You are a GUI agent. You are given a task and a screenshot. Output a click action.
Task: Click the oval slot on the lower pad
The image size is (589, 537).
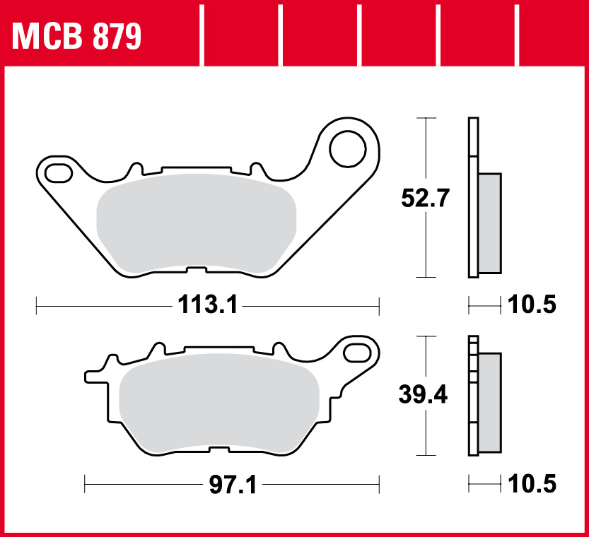click(x=360, y=351)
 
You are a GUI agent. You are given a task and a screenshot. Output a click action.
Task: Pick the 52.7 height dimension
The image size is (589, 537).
click(x=424, y=199)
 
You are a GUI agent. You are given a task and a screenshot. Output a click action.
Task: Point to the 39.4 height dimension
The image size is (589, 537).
click(x=424, y=396)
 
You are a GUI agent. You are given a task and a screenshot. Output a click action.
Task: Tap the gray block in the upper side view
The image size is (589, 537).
click(x=490, y=222)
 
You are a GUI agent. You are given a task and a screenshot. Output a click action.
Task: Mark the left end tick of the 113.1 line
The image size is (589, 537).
click(x=36, y=305)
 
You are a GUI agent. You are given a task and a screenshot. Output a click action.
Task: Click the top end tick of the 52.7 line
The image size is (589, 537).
click(x=424, y=118)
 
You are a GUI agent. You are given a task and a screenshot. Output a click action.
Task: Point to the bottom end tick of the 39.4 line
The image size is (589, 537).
click(x=424, y=456)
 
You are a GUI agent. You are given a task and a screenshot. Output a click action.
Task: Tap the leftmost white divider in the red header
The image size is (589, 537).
click(x=204, y=34)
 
